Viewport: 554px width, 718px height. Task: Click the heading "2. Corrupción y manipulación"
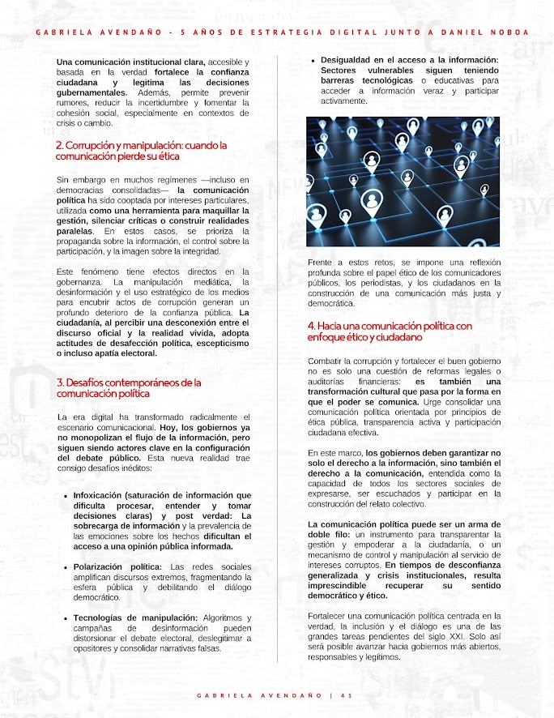tap(141, 150)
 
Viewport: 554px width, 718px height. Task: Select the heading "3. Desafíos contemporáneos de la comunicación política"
tap(129, 387)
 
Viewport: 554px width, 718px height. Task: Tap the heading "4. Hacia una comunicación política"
tap(390, 331)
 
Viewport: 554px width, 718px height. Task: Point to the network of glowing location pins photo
tap(403, 182)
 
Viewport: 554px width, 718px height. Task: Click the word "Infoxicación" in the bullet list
tap(100, 495)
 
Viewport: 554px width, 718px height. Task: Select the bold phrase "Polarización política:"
tap(120, 566)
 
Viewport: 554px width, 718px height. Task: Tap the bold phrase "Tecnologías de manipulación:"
tap(135, 618)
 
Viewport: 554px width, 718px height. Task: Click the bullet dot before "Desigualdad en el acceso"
tap(313, 60)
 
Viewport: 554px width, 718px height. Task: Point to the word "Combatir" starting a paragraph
tap(326, 360)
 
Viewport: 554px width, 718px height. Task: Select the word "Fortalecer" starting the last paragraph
tap(328, 616)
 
